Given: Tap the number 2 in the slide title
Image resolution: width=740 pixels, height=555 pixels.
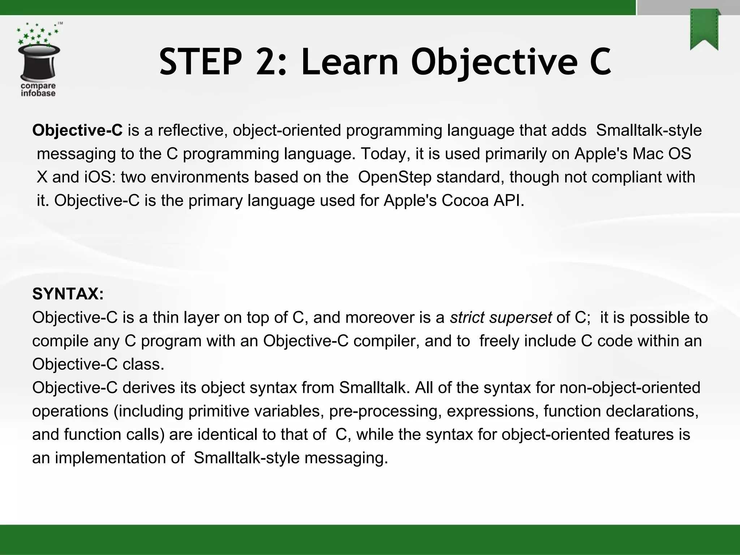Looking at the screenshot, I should coord(269,63).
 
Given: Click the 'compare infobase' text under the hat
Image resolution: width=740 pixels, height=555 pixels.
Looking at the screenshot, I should coord(38,90).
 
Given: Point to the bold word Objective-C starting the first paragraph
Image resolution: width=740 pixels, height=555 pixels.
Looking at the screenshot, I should coord(77,130).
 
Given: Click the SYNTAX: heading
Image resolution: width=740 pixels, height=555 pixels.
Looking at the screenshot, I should coord(68,294).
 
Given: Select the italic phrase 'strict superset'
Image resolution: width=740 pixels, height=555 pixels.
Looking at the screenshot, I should coord(500,318).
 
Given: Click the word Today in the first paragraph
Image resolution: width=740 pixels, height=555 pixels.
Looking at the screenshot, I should coord(385,154).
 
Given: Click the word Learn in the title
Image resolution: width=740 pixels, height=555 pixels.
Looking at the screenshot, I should coord(350,63).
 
